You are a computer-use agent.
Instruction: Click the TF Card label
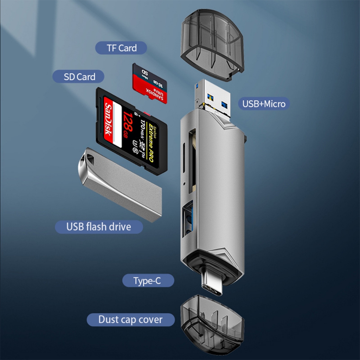tap(121, 48)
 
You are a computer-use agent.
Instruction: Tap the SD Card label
tap(79, 77)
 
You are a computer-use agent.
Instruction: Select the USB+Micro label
tap(264, 104)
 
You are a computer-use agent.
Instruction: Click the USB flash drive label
tap(99, 227)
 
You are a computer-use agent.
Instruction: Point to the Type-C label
tap(148, 281)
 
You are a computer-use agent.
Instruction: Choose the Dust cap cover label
tap(130, 320)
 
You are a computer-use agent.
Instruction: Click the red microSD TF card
tap(150, 83)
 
